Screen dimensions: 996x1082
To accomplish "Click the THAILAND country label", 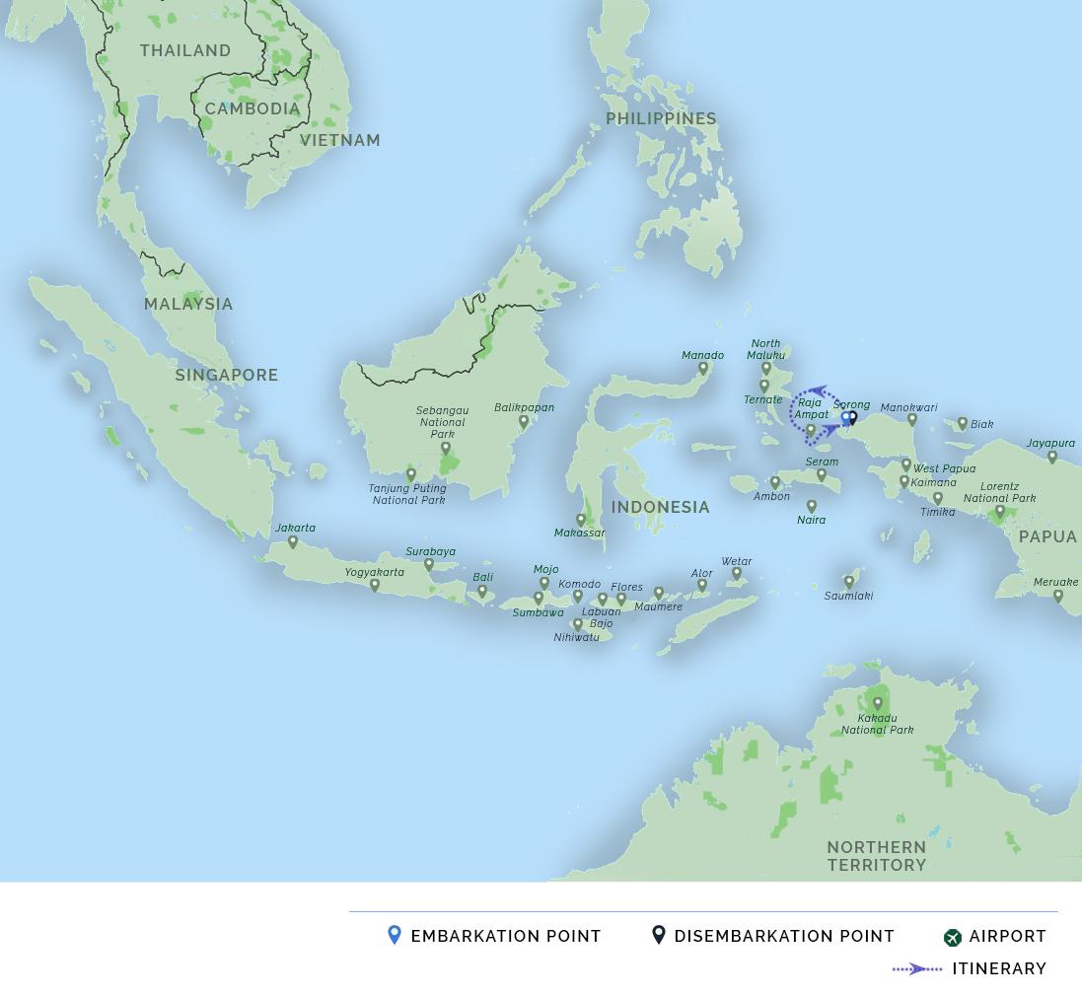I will (x=185, y=50).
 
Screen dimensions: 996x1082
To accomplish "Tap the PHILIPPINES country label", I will (x=661, y=118).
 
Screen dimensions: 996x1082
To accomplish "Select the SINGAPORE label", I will (x=227, y=375).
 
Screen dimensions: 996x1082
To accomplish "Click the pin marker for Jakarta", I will (x=293, y=542).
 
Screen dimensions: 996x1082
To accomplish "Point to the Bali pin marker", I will (x=482, y=592).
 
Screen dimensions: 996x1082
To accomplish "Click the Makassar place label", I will (x=580, y=534).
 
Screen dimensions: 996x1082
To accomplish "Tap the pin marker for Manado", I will (x=703, y=369).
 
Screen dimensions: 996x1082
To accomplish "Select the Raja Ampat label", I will (x=811, y=408).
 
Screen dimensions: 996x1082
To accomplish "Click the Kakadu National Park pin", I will (x=878, y=704).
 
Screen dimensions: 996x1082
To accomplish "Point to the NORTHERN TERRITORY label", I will (x=877, y=856).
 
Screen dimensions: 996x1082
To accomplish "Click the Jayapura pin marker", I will (x=1052, y=458).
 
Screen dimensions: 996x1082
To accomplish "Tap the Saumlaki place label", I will (x=849, y=597).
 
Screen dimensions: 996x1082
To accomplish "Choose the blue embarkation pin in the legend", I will (x=395, y=935).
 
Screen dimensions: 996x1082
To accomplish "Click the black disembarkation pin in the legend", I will (x=659, y=935).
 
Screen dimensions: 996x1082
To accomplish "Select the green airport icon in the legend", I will (x=952, y=937).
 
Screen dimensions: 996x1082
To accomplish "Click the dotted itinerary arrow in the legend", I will (x=917, y=969).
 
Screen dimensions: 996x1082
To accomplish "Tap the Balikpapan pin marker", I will (x=524, y=422).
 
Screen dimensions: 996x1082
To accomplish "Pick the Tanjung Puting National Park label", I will (x=408, y=494).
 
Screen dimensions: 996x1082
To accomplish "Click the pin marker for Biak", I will (x=963, y=424).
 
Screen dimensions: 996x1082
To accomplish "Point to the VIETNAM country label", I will (x=340, y=140).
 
